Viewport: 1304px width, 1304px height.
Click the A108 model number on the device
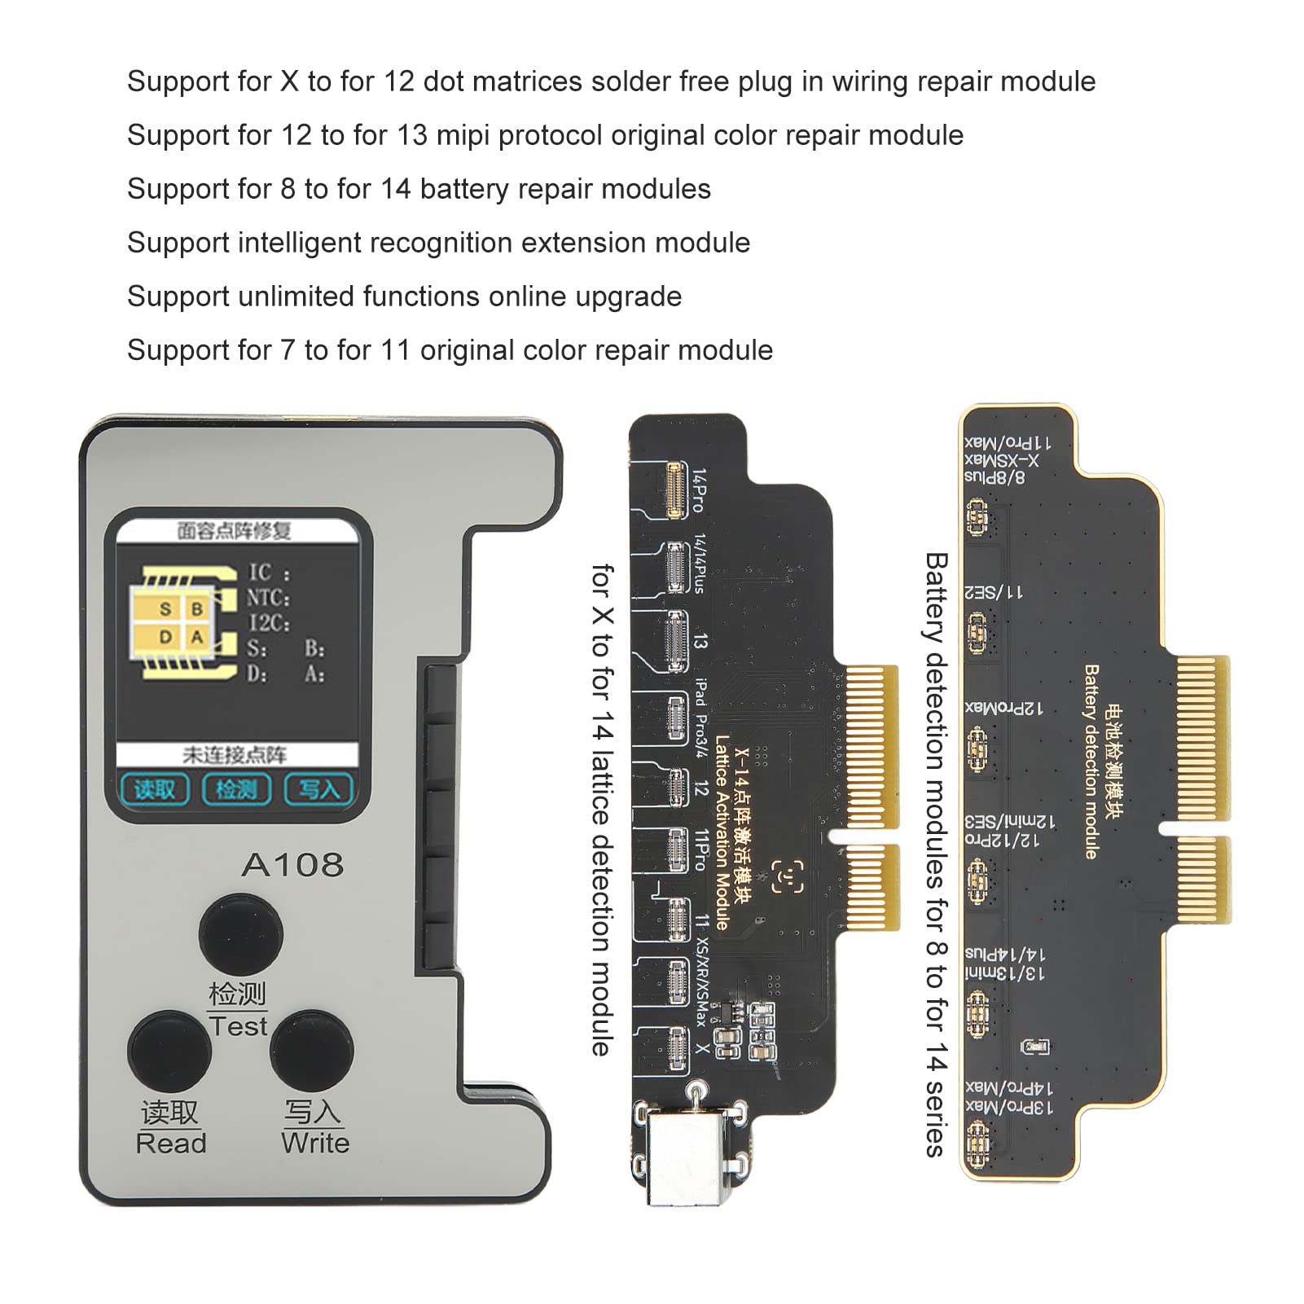[x=292, y=864]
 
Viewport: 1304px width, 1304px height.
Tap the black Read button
[x=169, y=1051]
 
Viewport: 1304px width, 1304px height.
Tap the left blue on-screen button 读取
[x=155, y=789]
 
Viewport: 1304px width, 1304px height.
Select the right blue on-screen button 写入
[x=318, y=789]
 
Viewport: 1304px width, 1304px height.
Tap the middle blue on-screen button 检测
[x=237, y=789]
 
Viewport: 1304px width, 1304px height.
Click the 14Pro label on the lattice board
[x=699, y=490]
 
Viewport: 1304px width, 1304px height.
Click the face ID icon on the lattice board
[x=788, y=877]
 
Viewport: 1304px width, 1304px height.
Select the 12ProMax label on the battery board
[x=1003, y=708]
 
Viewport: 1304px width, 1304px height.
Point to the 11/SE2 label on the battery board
[x=994, y=592]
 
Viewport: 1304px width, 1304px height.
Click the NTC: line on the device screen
[x=269, y=598]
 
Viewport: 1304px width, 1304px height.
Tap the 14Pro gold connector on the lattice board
[x=674, y=490]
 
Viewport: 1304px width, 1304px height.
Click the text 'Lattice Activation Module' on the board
[x=722, y=831]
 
